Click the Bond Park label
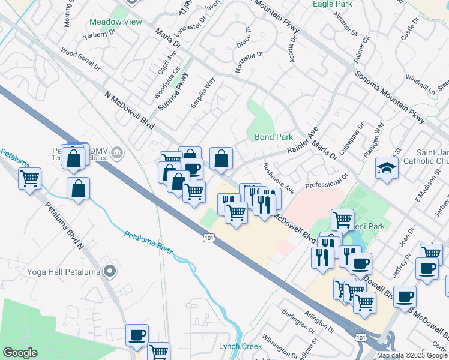(x=274, y=137)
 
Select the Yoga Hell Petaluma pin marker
(x=109, y=272)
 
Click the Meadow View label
(x=116, y=22)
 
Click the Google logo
(x=20, y=353)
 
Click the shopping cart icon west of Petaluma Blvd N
(x=29, y=178)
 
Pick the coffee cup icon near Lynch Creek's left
(x=137, y=334)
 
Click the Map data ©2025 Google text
(x=412, y=355)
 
